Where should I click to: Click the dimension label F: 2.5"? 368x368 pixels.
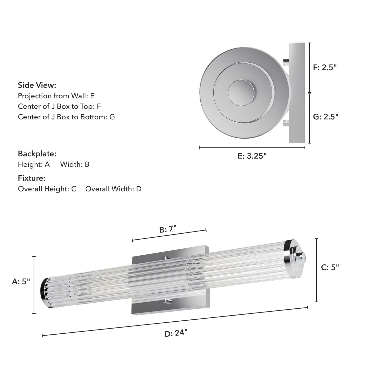325,67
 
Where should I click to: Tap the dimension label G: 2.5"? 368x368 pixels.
325,117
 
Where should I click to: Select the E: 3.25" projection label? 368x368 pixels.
252,156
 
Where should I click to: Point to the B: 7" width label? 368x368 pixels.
168,229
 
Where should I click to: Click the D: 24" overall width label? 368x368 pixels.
176,333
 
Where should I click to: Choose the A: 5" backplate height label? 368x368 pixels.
21,281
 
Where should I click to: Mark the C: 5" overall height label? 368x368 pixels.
330,267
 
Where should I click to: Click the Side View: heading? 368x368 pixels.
37,85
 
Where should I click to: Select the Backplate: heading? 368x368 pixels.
37,154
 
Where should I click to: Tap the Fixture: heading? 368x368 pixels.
32,178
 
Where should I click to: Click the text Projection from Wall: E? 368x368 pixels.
56,96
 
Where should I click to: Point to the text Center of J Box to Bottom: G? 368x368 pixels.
66,117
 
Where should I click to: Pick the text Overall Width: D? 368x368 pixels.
113,189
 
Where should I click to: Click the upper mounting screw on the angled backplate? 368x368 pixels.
167,258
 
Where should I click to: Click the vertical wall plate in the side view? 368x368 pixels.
297,93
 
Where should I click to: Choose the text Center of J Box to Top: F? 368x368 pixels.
59,106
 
